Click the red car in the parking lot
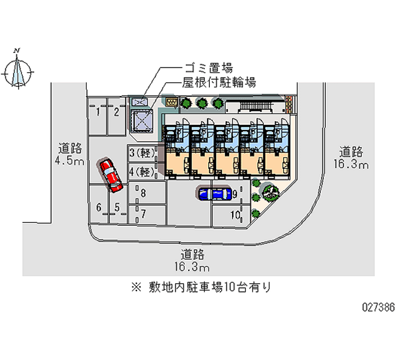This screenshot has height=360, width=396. click(111, 175)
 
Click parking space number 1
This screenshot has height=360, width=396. click(98, 112)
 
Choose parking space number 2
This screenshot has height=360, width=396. click(116, 112)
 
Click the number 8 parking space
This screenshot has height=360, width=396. click(144, 194)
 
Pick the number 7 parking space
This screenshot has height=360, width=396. click(144, 214)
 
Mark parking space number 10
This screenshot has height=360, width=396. click(235, 215)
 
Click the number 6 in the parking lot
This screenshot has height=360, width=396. click(99, 208)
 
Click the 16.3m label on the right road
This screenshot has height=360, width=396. click(351, 164)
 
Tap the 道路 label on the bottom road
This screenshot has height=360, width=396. click(193, 255)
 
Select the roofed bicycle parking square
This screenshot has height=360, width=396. click(142, 120)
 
